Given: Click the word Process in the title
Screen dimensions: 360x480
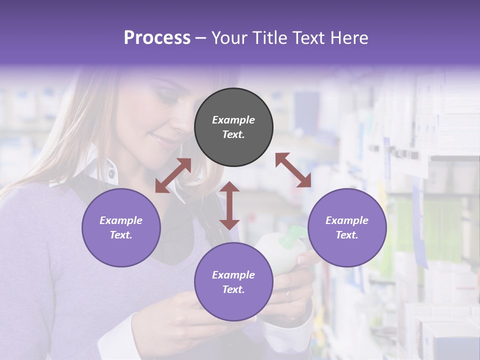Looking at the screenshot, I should coord(157,37).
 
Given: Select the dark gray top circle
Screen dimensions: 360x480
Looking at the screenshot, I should coord(233,127).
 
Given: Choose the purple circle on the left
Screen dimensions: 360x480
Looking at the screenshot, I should coord(121,227).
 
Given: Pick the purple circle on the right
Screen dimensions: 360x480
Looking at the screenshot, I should coord(347,227).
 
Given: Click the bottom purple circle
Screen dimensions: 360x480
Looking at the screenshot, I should coord(233,281).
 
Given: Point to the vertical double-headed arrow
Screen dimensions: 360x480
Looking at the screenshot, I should coord(229,205).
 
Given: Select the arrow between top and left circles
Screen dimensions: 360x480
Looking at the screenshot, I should coord(173,175).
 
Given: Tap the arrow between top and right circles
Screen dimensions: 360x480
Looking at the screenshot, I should coord(293,170).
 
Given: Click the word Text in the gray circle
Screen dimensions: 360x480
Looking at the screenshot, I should coord(233,134).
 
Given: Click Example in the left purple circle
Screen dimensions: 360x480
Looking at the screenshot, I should coord(121,220).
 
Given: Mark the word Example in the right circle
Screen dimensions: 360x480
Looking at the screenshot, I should coord(347,220).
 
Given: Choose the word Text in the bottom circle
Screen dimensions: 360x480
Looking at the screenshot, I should coord(233,289).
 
